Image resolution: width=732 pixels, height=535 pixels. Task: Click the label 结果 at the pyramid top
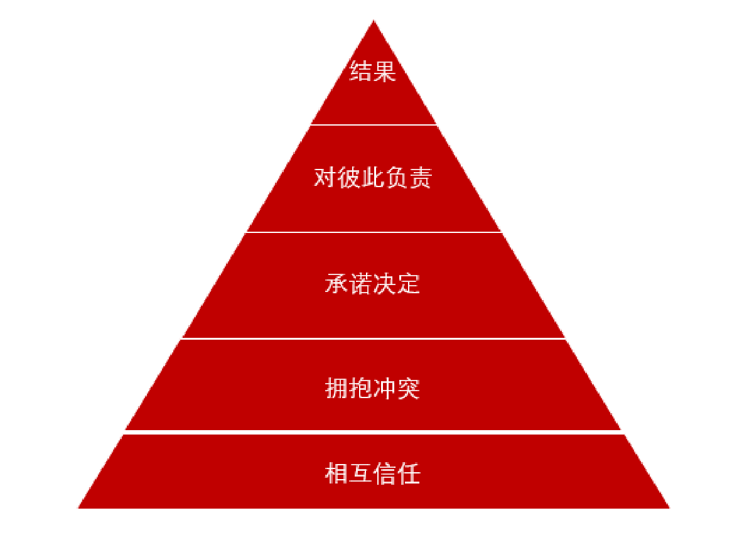[x=372, y=72]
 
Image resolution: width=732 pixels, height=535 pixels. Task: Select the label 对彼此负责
[x=372, y=178]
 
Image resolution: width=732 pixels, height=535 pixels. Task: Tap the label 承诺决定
[x=372, y=284]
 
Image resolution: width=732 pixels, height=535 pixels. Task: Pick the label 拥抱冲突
[x=372, y=389]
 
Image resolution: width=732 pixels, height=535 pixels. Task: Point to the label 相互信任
[x=372, y=473]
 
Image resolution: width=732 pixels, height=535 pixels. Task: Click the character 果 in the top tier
[x=385, y=72]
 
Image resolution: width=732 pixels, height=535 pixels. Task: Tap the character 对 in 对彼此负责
[x=325, y=178]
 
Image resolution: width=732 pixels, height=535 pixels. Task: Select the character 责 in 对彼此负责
[x=421, y=178]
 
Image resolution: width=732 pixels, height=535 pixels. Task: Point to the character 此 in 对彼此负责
[x=373, y=178]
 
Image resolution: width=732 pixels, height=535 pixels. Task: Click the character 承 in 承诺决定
[x=336, y=284]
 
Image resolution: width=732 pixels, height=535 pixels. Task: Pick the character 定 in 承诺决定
[x=409, y=284]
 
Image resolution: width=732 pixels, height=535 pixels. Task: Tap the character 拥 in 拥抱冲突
[x=336, y=389]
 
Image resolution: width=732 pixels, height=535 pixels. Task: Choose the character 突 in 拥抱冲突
[x=409, y=389]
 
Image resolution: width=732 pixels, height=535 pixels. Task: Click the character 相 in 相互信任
[x=336, y=473]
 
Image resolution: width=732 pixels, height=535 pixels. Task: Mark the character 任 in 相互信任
[x=409, y=473]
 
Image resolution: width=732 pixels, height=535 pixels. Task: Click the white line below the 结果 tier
[x=374, y=125]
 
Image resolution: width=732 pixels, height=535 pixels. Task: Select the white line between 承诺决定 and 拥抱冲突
[x=374, y=338]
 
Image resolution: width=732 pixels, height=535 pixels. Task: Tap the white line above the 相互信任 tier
[x=374, y=432]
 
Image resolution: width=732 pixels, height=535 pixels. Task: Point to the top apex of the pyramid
[x=374, y=19]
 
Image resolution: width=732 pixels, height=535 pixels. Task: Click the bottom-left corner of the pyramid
[x=78, y=508]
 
